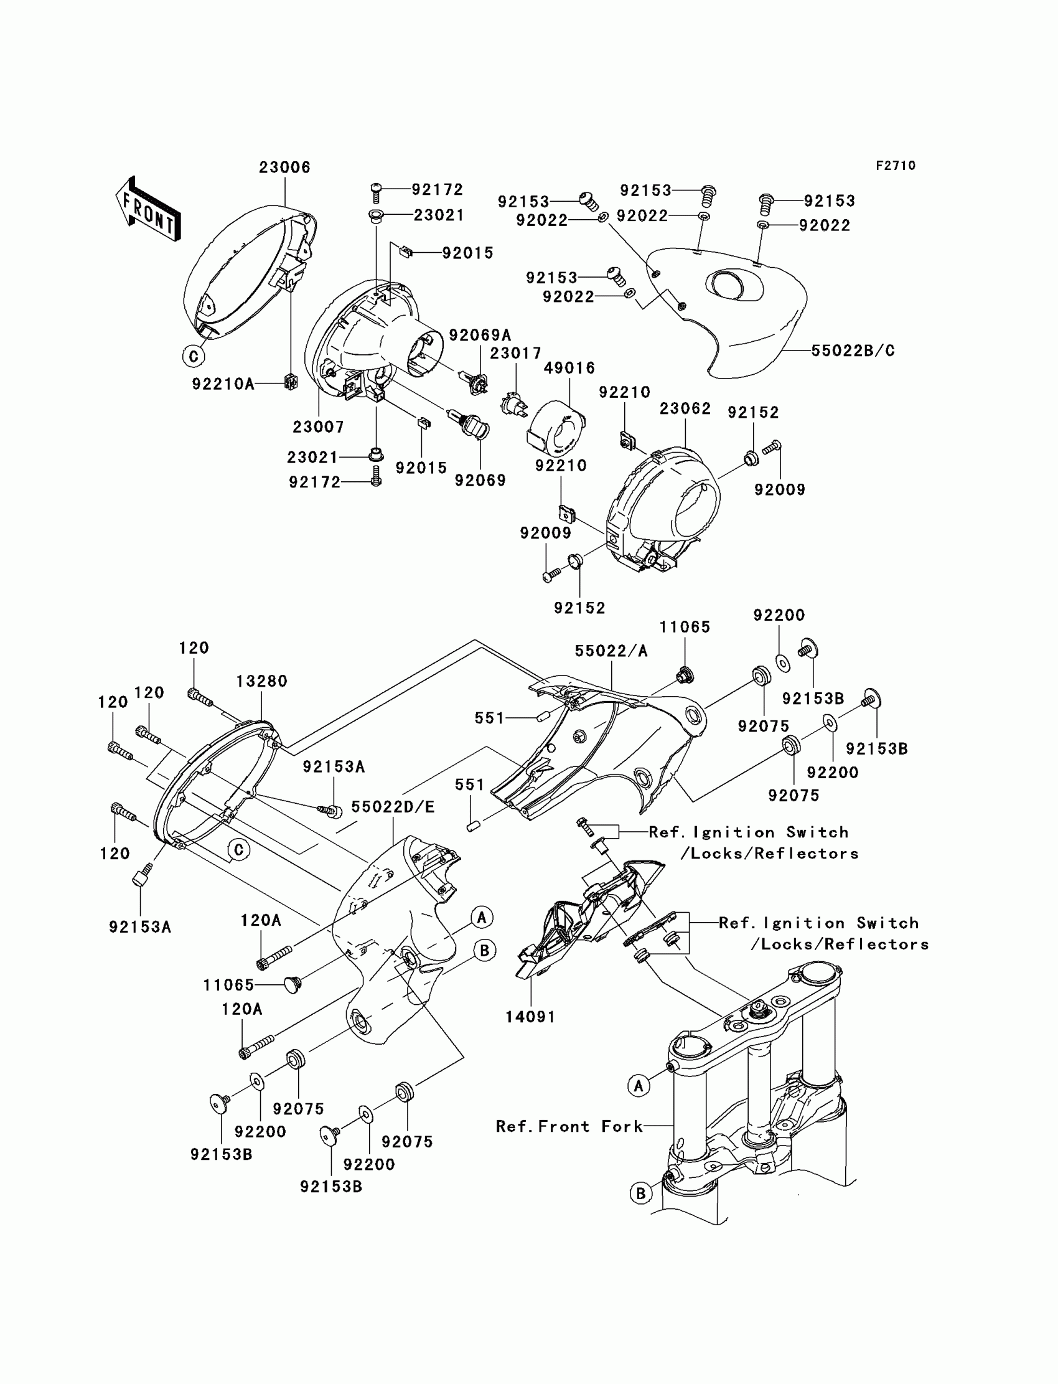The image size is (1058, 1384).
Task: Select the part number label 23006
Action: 284,167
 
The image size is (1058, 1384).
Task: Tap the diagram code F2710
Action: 896,166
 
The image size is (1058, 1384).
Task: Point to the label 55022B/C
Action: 853,351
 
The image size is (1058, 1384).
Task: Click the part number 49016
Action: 569,368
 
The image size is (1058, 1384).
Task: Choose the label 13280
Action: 262,681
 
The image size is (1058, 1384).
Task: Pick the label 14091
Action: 530,1017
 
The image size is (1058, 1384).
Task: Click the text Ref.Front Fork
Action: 569,1126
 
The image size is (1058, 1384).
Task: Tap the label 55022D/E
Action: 393,807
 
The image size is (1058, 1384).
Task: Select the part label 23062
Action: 685,409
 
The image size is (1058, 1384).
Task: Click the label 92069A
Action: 480,335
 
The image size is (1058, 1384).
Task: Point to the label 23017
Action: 516,354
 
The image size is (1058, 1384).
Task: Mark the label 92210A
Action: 223,384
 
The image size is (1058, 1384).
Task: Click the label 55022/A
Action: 611,651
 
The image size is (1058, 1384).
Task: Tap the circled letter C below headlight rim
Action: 194,356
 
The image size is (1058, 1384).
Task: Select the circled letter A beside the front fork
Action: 639,1085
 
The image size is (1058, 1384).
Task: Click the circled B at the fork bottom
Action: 641,1193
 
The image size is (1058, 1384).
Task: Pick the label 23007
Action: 319,427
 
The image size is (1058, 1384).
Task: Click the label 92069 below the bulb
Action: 480,481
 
